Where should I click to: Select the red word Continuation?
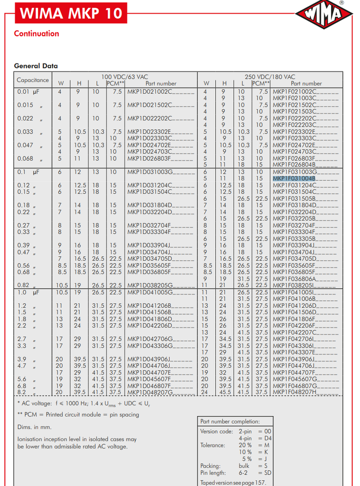pos(36,34)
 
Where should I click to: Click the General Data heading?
pos(36,66)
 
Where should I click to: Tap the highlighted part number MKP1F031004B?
pos(294,178)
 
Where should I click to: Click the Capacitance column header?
pos(33,80)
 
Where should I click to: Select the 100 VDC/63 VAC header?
pos(124,76)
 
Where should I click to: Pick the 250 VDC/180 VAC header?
pos(269,76)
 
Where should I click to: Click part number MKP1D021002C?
pos(150,92)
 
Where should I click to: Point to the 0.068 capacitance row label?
pos(25,158)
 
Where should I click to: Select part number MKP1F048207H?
pos(295,392)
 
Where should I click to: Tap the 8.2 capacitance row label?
pos(22,392)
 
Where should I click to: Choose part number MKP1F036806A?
pos(295,278)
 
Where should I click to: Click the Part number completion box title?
pos(230,421)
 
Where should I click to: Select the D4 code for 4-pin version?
pos(265,438)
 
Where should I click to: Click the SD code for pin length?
pos(265,472)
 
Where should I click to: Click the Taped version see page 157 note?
pos(233,482)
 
